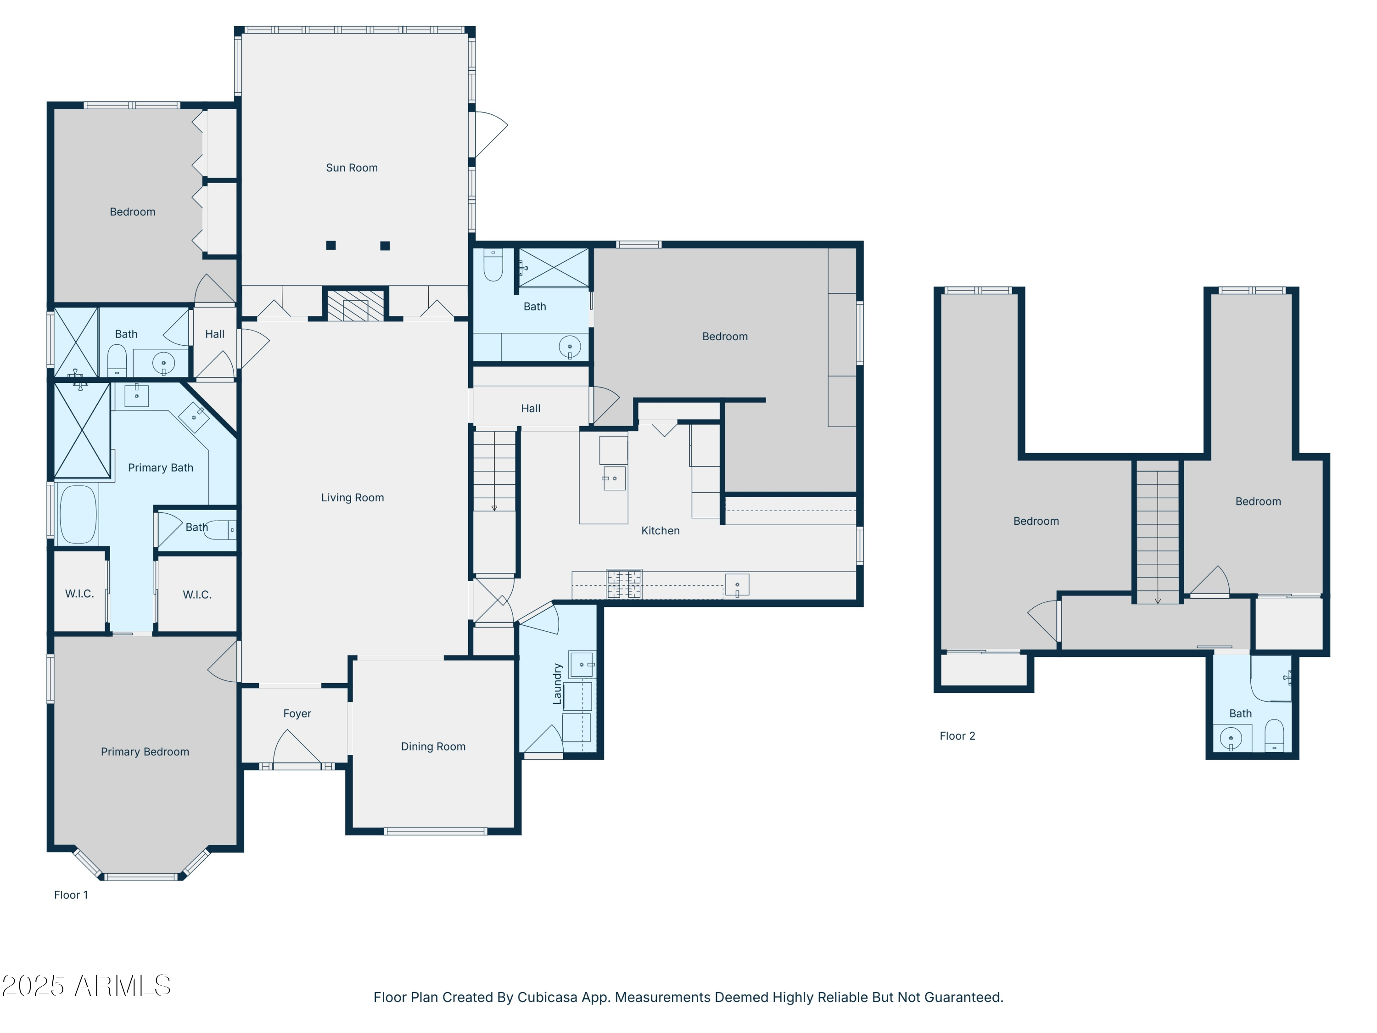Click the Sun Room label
click(352, 168)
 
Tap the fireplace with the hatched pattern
click(355, 306)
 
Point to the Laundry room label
click(557, 684)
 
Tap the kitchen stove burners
click(624, 584)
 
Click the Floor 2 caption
click(957, 736)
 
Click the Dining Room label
click(433, 747)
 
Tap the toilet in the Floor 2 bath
click(1274, 736)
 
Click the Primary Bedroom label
click(145, 752)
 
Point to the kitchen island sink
click(614, 478)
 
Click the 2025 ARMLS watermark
click(87, 986)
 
